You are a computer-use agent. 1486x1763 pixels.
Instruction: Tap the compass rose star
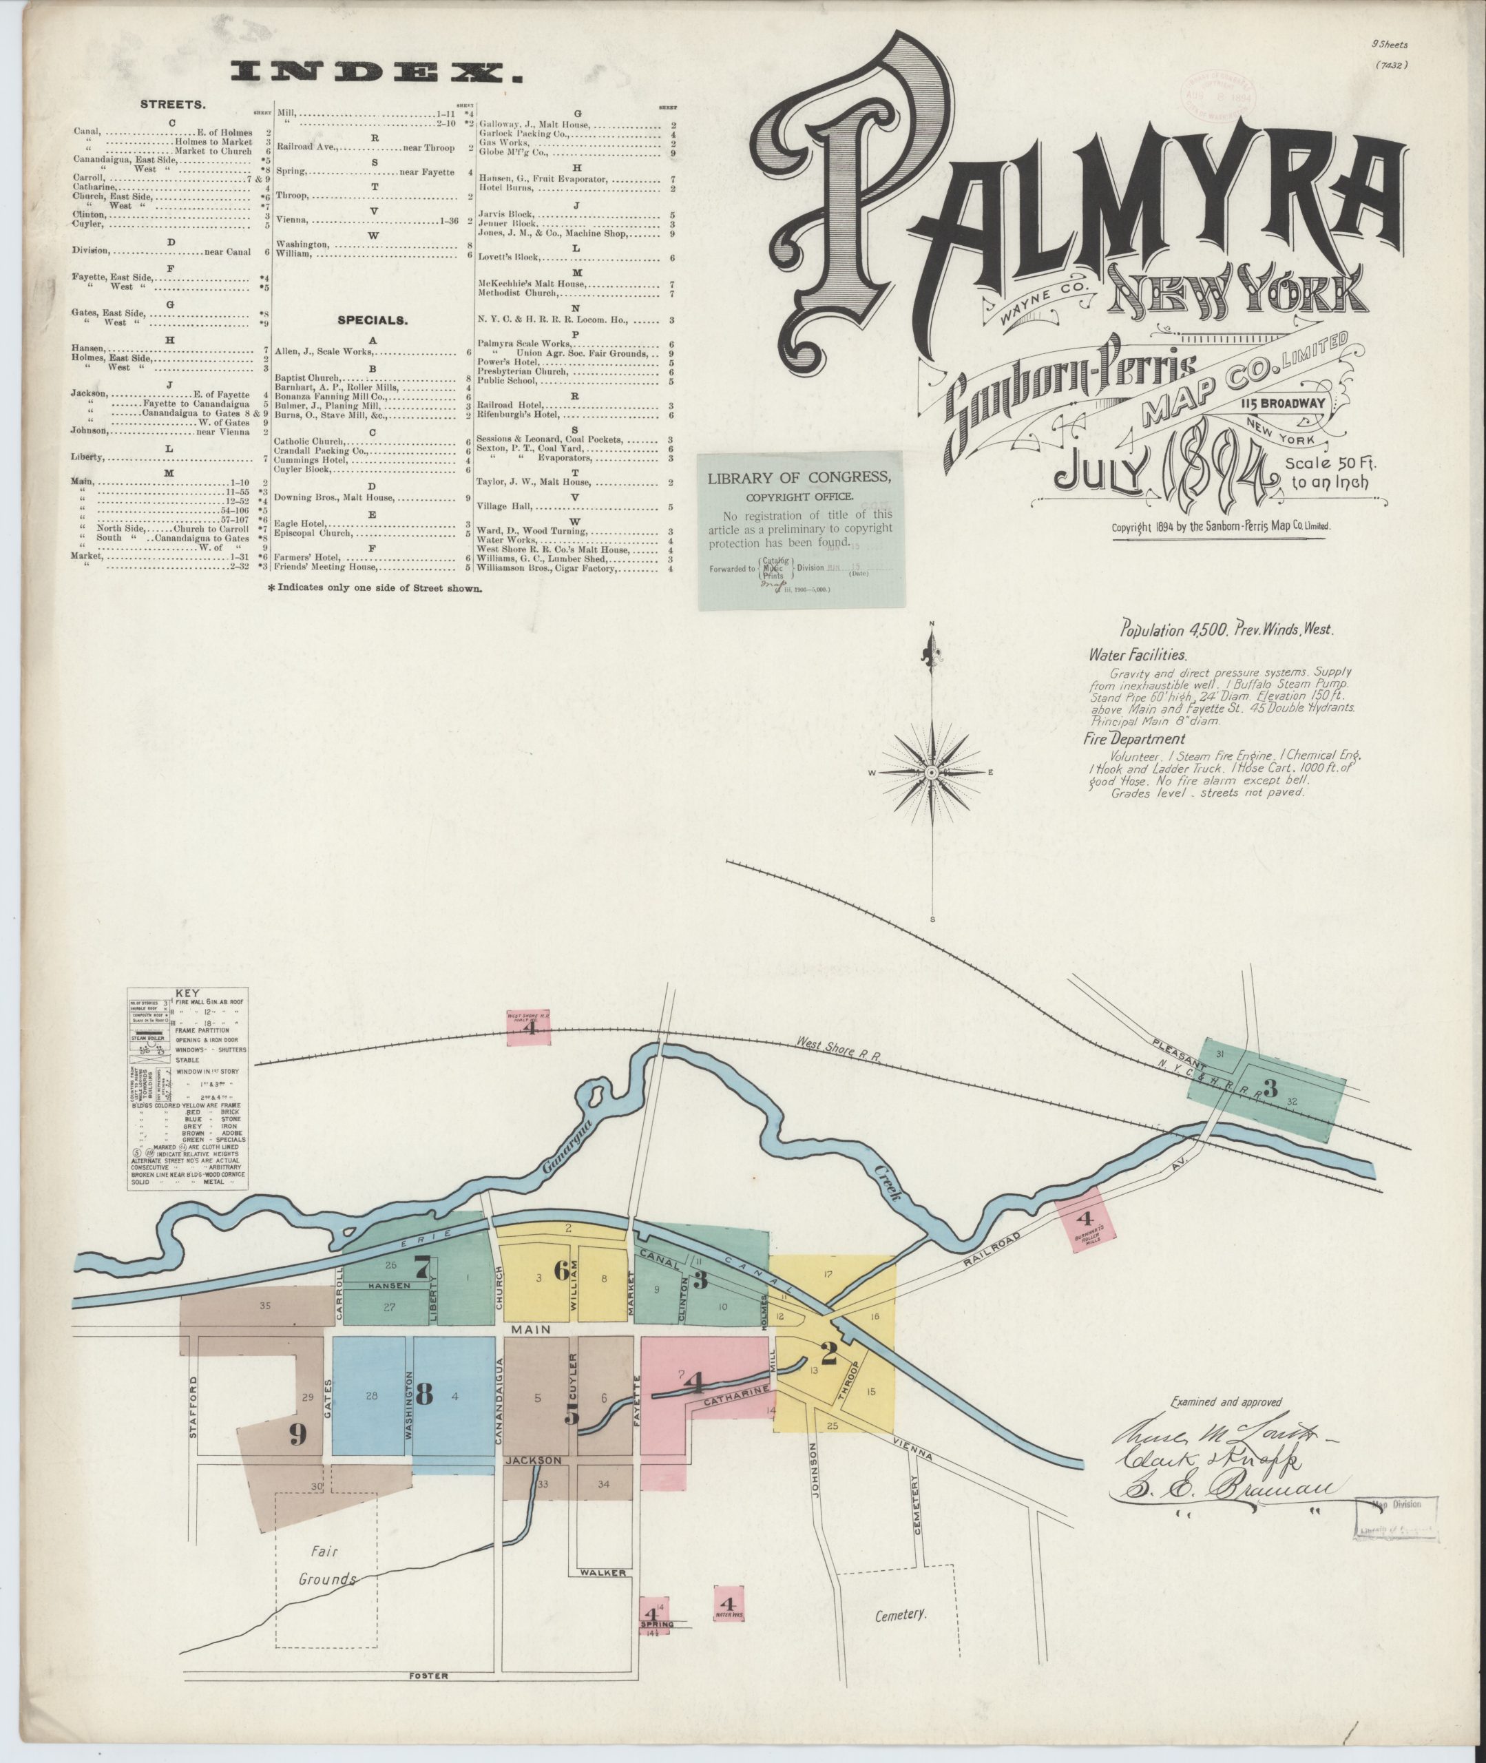[x=932, y=773]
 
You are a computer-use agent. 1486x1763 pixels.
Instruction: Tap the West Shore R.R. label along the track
[x=839, y=1054]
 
